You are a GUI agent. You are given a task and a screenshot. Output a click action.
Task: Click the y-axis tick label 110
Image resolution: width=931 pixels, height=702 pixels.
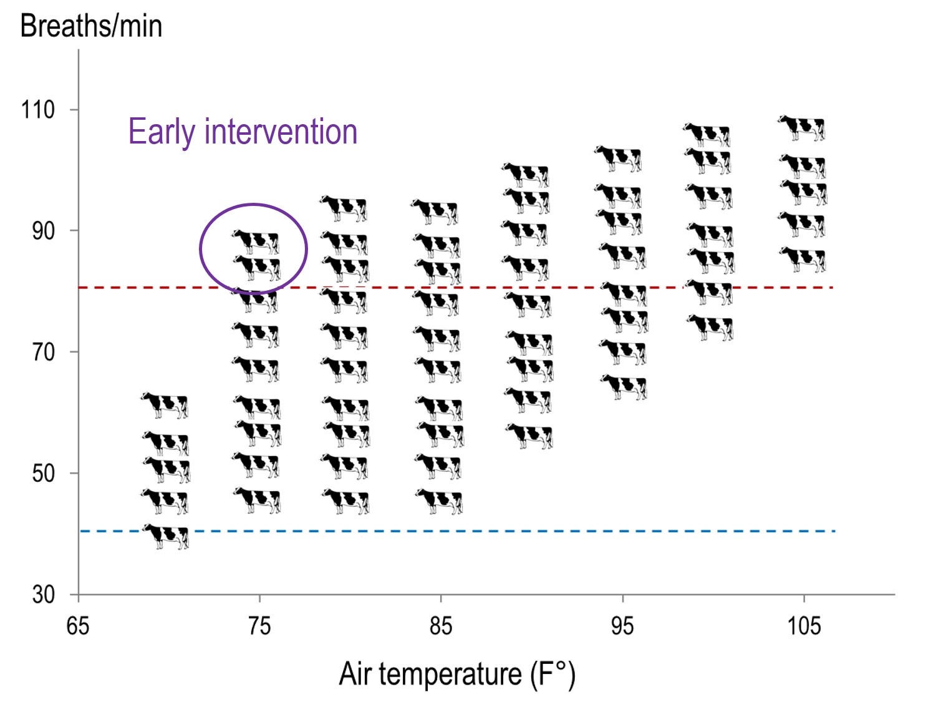point(38,110)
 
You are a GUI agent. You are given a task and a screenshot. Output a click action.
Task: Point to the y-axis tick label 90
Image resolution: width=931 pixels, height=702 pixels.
point(43,231)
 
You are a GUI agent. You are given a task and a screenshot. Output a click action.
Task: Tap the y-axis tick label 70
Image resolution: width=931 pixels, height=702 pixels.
point(43,352)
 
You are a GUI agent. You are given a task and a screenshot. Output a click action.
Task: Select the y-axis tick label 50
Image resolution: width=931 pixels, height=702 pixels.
point(43,473)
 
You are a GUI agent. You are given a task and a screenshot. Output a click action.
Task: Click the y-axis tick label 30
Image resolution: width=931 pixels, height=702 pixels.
point(43,594)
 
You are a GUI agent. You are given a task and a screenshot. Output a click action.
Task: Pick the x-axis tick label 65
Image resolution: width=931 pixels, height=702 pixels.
point(78,625)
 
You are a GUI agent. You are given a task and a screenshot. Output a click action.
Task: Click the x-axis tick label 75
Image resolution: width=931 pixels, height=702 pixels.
point(259,625)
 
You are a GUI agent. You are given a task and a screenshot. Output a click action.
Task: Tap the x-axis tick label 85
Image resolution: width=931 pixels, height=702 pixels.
point(441,625)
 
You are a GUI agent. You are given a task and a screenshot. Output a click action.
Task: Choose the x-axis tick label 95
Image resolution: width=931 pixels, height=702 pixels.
point(622,625)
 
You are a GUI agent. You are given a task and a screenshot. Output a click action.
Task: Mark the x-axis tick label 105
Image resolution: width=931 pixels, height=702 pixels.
point(804,625)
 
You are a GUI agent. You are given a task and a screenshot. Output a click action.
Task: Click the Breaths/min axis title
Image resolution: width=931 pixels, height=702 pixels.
point(91,26)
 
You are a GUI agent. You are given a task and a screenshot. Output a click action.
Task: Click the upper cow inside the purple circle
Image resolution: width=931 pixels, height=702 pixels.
point(256,241)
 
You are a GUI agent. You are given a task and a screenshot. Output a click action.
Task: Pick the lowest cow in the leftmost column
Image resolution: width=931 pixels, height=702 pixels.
point(166,536)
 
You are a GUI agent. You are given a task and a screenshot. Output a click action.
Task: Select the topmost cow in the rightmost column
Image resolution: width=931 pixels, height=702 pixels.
point(802,127)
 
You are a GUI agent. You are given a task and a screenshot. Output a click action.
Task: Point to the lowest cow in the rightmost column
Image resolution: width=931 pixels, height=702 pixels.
point(803,259)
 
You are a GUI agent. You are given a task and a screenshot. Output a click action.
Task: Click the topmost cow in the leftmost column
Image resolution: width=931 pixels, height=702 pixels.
point(165,405)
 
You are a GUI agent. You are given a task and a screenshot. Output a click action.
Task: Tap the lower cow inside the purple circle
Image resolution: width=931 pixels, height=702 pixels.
point(257,267)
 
